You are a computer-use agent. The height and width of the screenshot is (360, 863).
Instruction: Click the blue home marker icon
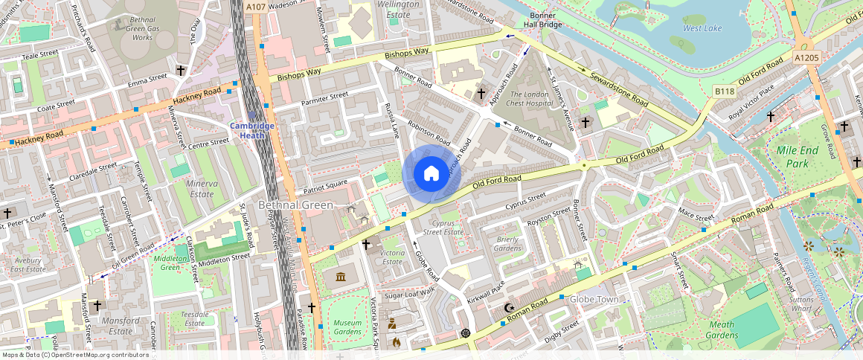[x=431, y=174]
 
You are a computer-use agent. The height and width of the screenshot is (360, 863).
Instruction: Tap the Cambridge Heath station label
[x=252, y=130]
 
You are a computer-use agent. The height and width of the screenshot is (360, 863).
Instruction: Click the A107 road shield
[x=256, y=7]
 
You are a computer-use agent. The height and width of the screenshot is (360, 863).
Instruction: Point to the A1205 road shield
[x=806, y=57]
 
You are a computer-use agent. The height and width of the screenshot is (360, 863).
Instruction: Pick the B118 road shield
[x=724, y=91]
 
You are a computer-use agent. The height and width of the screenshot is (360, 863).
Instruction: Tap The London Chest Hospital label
[x=527, y=99]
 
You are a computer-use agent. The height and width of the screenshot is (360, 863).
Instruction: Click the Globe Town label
[x=594, y=300]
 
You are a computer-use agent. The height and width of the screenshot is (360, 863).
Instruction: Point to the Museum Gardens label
[x=347, y=327]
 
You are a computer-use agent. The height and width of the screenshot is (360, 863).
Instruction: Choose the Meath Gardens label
[x=721, y=330]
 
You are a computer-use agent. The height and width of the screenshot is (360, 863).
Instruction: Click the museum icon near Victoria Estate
[x=341, y=277]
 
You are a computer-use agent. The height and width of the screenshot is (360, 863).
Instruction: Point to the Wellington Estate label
[x=399, y=8]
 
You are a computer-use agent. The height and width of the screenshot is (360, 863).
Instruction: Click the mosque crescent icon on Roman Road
[x=509, y=307]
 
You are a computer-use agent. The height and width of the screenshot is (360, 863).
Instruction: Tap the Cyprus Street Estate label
[x=443, y=227]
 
